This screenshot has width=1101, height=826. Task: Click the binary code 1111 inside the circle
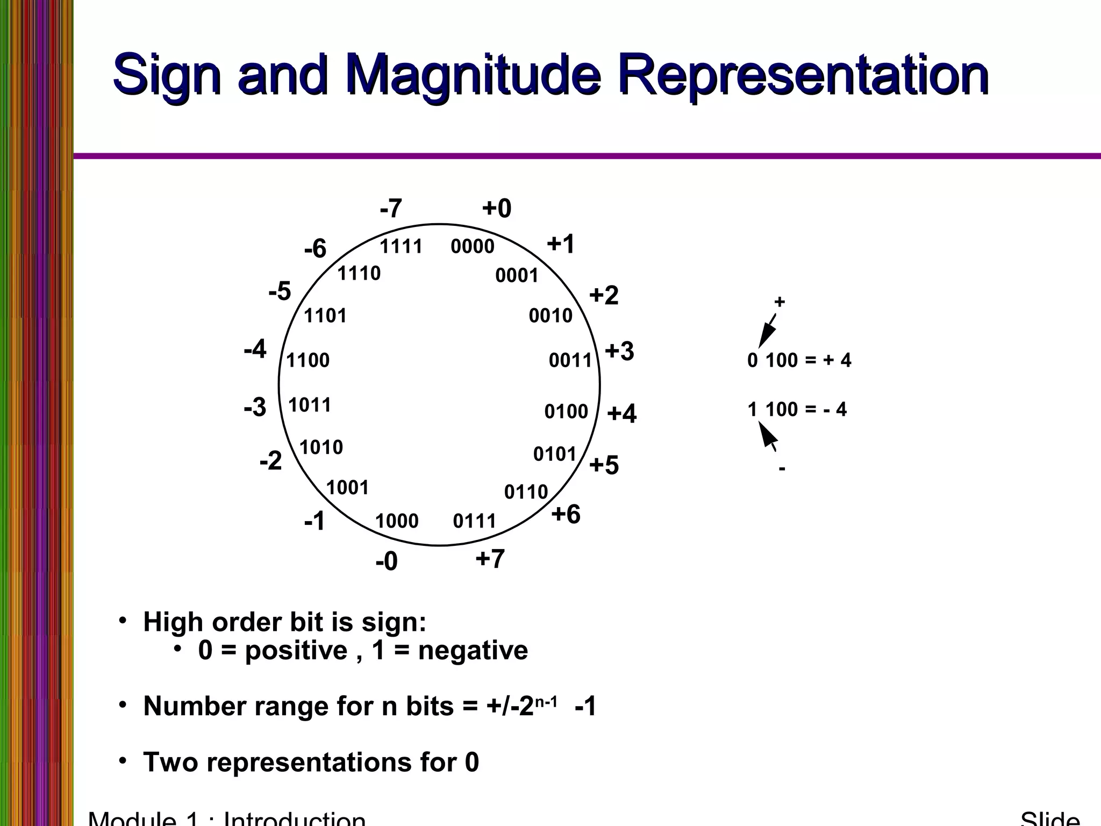(401, 247)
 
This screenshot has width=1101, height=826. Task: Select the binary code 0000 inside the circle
(472, 247)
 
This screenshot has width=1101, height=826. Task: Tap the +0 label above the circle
(496, 208)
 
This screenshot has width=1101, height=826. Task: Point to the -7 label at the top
(391, 209)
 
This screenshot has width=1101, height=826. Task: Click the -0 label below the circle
(387, 561)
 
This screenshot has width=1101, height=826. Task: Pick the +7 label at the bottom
(490, 559)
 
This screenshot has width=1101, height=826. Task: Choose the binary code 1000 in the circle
(397, 521)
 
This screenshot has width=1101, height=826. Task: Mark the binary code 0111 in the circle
(474, 521)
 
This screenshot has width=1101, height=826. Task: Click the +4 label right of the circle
(621, 414)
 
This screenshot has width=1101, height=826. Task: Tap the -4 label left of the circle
(255, 350)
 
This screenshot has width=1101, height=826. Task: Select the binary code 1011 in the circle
(310, 405)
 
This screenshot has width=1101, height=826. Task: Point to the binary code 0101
(555, 454)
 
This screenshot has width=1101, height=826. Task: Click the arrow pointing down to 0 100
(767, 330)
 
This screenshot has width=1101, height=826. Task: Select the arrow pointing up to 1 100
(768, 436)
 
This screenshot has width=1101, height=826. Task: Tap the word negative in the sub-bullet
(473, 650)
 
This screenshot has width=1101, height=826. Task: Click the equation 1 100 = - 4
(797, 410)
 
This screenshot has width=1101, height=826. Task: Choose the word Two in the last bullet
(170, 762)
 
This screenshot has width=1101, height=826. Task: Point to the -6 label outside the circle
(315, 249)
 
